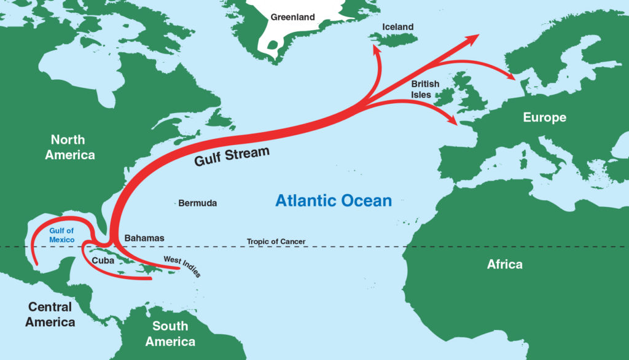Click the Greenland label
click(x=292, y=17)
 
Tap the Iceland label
click(x=397, y=27)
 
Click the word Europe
click(x=544, y=117)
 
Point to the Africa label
click(x=504, y=264)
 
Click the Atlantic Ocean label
click(x=333, y=200)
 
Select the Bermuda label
click(x=197, y=203)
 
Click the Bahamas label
click(x=144, y=238)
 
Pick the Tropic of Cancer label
click(x=276, y=241)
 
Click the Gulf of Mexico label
click(x=62, y=235)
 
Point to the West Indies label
click(x=182, y=266)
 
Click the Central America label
click(x=50, y=314)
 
